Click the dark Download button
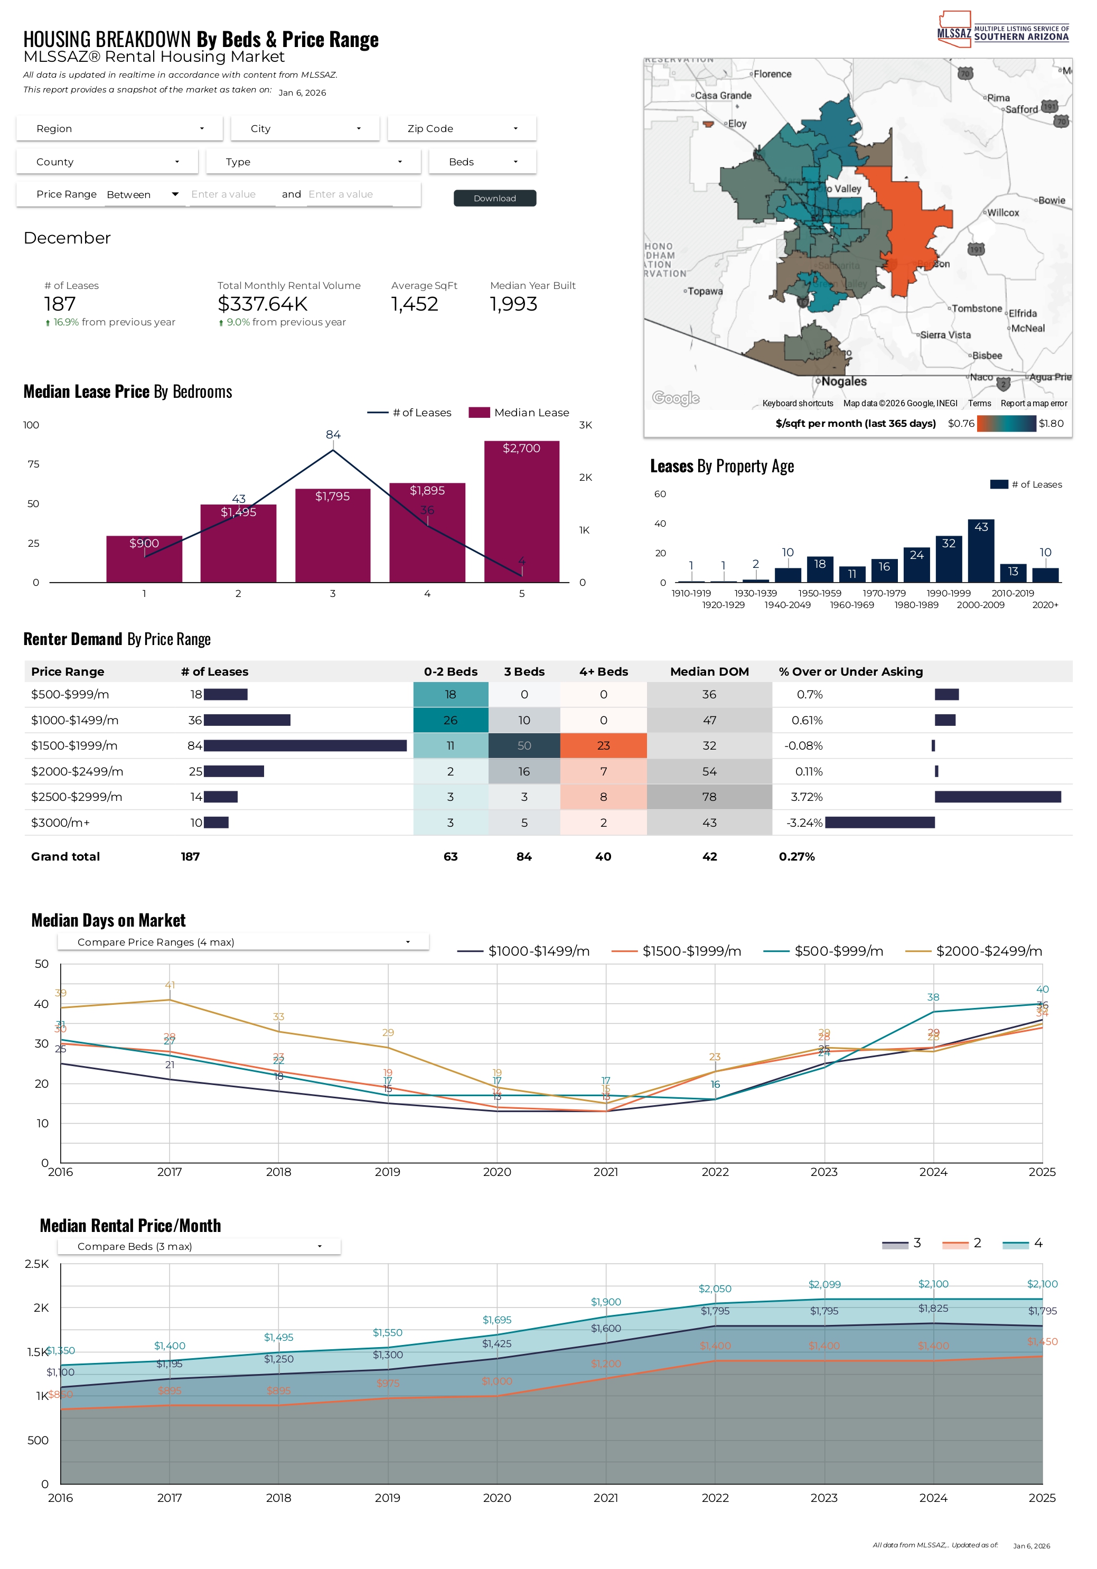point(494,198)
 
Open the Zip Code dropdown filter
point(462,128)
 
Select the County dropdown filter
point(107,162)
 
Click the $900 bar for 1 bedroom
point(144,558)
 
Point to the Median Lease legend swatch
point(479,413)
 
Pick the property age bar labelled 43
point(981,551)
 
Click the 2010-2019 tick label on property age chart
point(1012,593)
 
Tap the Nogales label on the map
point(843,381)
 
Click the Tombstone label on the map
point(977,309)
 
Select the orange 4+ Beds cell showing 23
point(603,745)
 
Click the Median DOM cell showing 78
point(709,797)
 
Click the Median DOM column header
point(709,672)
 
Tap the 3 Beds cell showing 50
point(524,745)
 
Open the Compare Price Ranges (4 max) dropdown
point(242,942)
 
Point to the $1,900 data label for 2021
point(606,1302)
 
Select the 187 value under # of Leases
point(60,304)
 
